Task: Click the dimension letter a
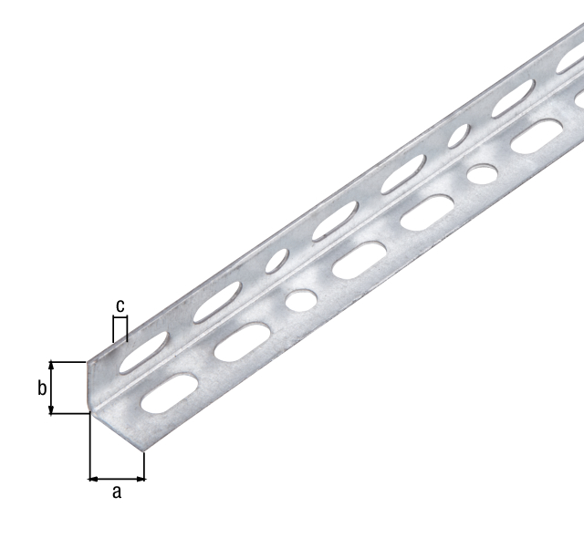coord(116,492)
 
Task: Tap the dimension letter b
coord(42,388)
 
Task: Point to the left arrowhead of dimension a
coord(93,477)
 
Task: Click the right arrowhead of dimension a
coord(141,477)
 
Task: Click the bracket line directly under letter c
coord(119,317)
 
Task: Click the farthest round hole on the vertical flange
coord(459,138)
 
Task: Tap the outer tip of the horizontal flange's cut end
coord(143,451)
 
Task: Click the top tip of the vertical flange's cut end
coord(89,363)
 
